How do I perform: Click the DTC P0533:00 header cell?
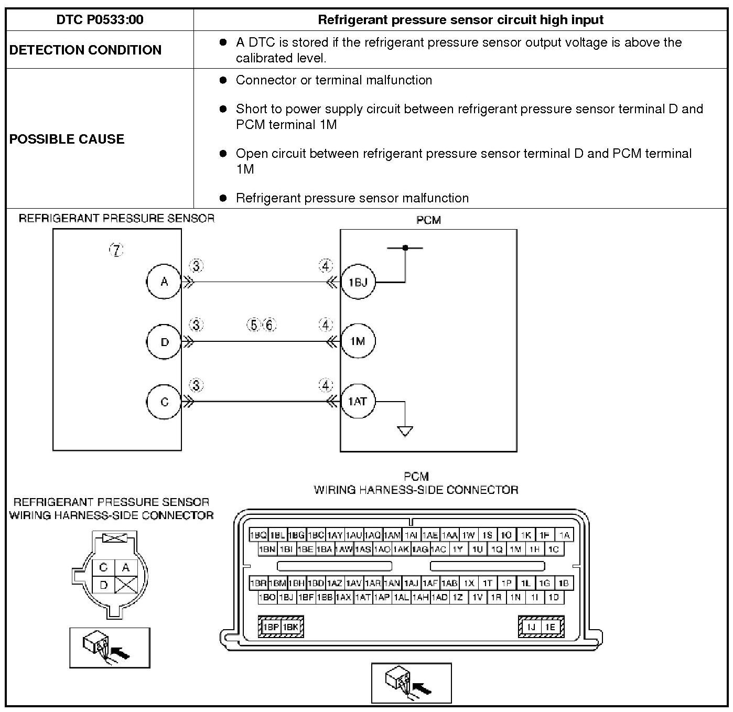tap(100, 19)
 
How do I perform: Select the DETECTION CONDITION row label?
tap(85, 50)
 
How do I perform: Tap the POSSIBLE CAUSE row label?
tap(67, 139)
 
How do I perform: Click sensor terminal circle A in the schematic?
tap(164, 282)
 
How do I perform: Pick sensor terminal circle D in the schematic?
tap(164, 342)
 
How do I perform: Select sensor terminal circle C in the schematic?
tap(164, 402)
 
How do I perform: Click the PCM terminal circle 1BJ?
tap(358, 282)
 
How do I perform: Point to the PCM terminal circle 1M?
tap(358, 341)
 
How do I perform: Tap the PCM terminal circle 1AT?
tap(358, 401)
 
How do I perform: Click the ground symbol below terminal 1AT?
tap(405, 431)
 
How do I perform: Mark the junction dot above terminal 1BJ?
tap(405, 248)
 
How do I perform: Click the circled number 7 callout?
tap(116, 250)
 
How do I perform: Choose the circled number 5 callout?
tap(254, 325)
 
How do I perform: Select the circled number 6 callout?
tap(270, 325)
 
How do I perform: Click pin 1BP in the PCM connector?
tap(270, 627)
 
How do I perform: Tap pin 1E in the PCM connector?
tap(551, 627)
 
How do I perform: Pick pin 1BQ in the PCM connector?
tap(258, 535)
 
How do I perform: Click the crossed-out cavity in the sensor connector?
tap(126, 585)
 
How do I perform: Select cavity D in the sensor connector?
tap(104, 585)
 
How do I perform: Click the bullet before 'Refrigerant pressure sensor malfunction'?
tap(223, 198)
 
